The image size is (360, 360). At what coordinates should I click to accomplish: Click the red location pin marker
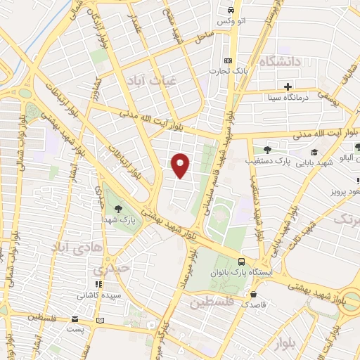[x=181, y=165]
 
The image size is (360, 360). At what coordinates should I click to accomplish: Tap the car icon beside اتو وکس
[x=231, y=11]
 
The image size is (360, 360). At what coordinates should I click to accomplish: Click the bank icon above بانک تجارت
[x=227, y=61]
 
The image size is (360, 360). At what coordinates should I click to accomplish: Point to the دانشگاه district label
[x=280, y=62]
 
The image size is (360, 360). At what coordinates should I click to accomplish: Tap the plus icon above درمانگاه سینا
[x=288, y=86]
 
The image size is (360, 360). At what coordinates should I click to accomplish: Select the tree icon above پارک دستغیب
[x=266, y=149]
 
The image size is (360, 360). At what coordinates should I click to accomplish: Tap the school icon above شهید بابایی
[x=314, y=153]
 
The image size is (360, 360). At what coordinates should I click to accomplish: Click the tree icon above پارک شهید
[x=118, y=207]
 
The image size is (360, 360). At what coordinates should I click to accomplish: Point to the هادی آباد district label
[x=75, y=246]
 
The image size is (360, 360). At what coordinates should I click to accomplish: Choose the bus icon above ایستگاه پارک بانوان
[x=243, y=259]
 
